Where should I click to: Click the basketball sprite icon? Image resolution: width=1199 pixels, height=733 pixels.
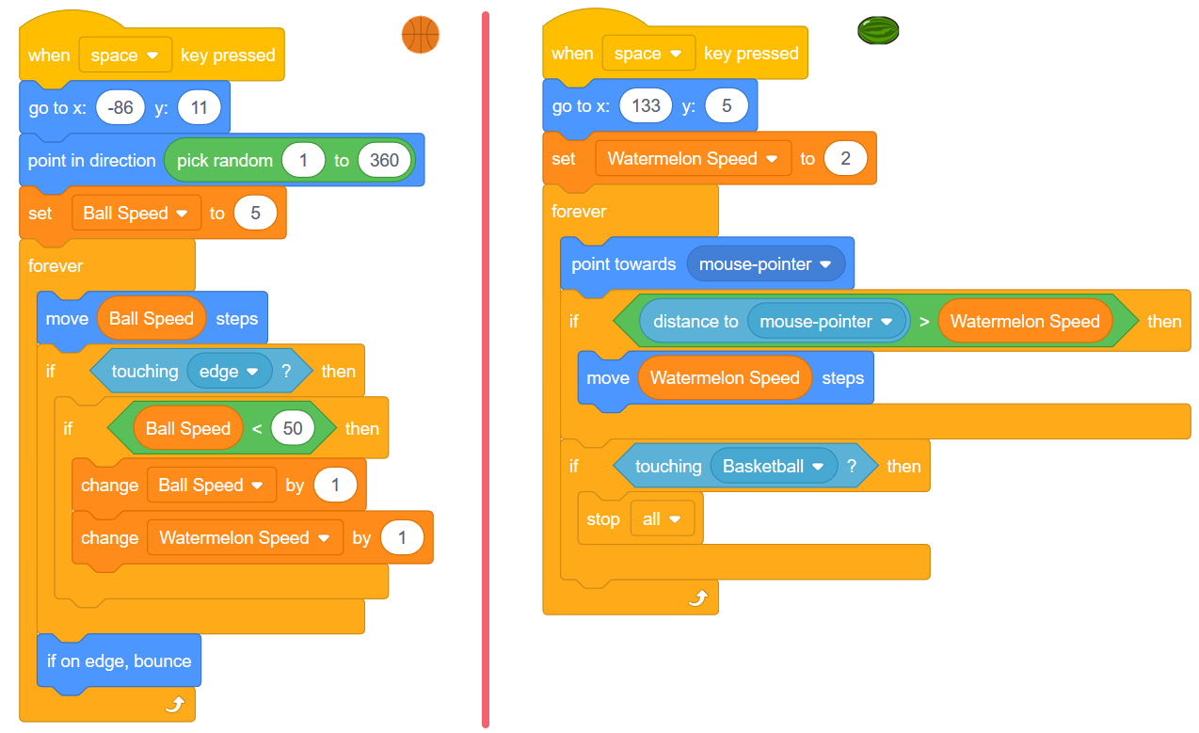(x=420, y=35)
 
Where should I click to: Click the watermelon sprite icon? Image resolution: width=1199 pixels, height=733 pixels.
(x=878, y=31)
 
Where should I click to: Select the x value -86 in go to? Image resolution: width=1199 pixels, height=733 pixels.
(x=120, y=108)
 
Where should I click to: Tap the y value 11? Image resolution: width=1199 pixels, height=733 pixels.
(x=199, y=108)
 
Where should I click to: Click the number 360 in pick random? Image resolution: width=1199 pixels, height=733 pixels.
(x=384, y=160)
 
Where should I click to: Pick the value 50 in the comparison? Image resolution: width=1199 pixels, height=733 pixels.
(x=293, y=429)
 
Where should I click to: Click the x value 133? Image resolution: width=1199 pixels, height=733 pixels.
(x=646, y=106)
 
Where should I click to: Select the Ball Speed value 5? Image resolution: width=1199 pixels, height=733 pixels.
(x=255, y=214)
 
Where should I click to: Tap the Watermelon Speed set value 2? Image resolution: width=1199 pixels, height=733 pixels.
(x=845, y=159)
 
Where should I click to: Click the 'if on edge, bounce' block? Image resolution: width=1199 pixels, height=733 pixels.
(x=119, y=661)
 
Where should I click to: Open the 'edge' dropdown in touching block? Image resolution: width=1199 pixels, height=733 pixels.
(x=229, y=372)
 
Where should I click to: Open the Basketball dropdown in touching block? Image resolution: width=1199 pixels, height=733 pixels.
(x=774, y=467)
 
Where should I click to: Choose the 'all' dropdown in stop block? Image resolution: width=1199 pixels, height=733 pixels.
(x=661, y=519)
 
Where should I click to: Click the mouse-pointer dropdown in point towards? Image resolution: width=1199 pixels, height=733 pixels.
(x=765, y=264)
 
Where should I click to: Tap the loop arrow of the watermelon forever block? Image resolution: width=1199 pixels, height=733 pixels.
(x=697, y=598)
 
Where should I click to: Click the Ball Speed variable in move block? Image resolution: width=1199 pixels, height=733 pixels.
(x=151, y=319)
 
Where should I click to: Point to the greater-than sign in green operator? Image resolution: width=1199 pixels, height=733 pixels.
(x=924, y=322)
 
